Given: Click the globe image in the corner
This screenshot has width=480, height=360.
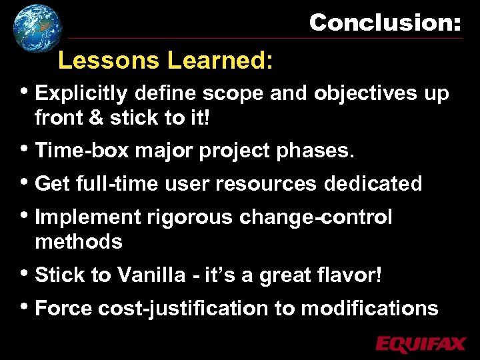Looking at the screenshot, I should tap(36, 27).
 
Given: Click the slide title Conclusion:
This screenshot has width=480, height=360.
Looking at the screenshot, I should tap(385, 23).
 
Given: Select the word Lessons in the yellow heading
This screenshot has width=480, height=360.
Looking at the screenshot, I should tap(109, 61).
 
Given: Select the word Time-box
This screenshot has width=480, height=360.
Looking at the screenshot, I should tap(81, 151).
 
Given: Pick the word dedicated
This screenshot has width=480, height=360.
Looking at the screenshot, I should tap(373, 183).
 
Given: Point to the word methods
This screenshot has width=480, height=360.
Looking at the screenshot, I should tap(79, 241).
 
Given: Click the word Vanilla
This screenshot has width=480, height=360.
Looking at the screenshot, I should tap(156, 275).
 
